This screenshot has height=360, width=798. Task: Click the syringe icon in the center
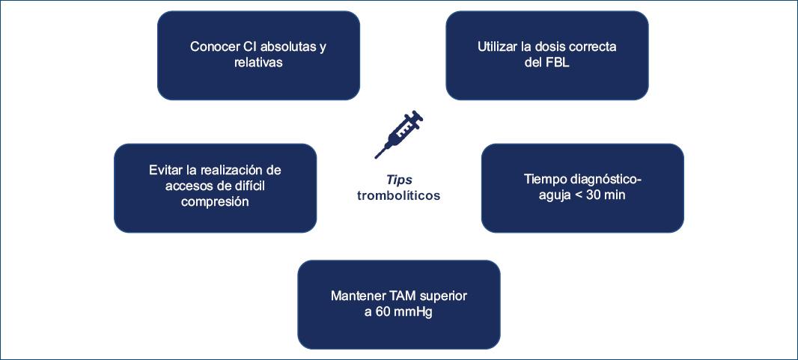399,134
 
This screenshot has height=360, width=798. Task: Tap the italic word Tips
399,180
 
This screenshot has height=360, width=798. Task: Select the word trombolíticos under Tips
399,195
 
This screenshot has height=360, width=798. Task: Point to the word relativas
258,63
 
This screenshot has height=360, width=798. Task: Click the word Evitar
165,170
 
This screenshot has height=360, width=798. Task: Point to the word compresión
215,202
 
